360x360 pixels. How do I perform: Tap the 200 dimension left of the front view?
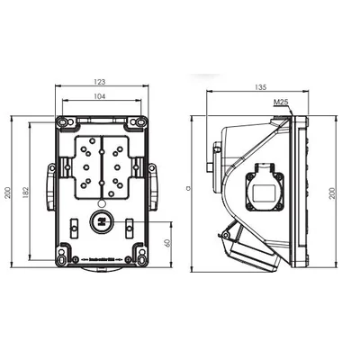[x=7, y=194]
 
